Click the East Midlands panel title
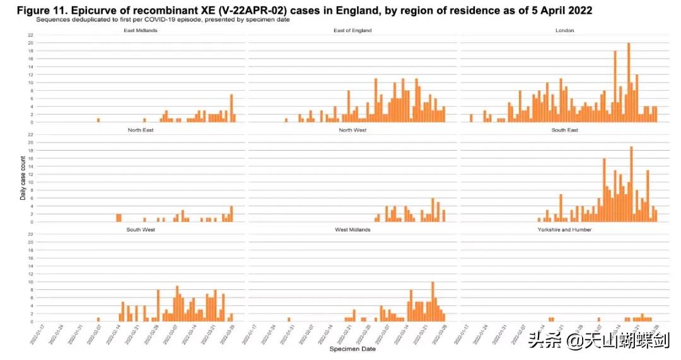pyautogui.click(x=140, y=30)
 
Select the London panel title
pyautogui.click(x=564, y=30)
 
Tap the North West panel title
pyautogui.click(x=353, y=130)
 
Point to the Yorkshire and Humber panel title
pyautogui.click(x=564, y=229)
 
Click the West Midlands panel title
pyautogui.click(x=353, y=229)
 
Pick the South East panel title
pyautogui.click(x=564, y=130)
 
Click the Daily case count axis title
pyautogui.click(x=23, y=179)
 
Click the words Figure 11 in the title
pyautogui.click(x=36, y=11)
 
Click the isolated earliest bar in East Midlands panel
pyautogui.click(x=98, y=120)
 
